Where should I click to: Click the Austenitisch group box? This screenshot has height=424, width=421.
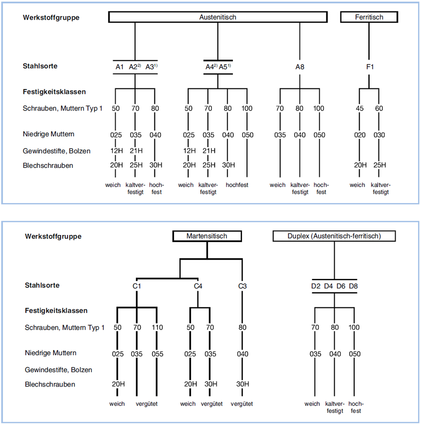tap(218, 17)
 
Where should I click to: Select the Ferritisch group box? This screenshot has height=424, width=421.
tap(369, 17)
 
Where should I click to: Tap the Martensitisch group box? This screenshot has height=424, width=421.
tap(207, 236)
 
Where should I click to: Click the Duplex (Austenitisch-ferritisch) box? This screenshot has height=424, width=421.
tap(334, 236)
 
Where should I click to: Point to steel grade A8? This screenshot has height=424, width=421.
tap(300, 67)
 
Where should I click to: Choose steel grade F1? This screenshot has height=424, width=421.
tap(369, 67)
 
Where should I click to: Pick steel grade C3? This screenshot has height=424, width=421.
tap(242, 286)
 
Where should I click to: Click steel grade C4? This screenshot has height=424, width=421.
tap(198, 286)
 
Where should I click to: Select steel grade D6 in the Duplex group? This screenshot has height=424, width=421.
tap(341, 286)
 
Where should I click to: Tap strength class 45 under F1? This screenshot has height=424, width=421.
tap(359, 108)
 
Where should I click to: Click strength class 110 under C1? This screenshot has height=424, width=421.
tap(157, 328)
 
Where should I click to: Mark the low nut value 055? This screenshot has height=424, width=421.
tap(157, 354)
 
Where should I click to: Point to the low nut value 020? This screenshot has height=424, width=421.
tap(360, 135)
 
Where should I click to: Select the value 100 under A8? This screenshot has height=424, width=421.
tap(319, 108)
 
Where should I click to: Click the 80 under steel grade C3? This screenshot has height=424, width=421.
tap(243, 328)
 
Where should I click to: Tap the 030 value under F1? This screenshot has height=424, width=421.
tap(378, 135)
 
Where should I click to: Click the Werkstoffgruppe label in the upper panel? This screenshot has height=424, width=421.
tap(51, 18)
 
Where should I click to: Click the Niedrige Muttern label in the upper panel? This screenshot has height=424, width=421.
tap(49, 134)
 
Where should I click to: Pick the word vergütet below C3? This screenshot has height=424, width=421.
tap(242, 404)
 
